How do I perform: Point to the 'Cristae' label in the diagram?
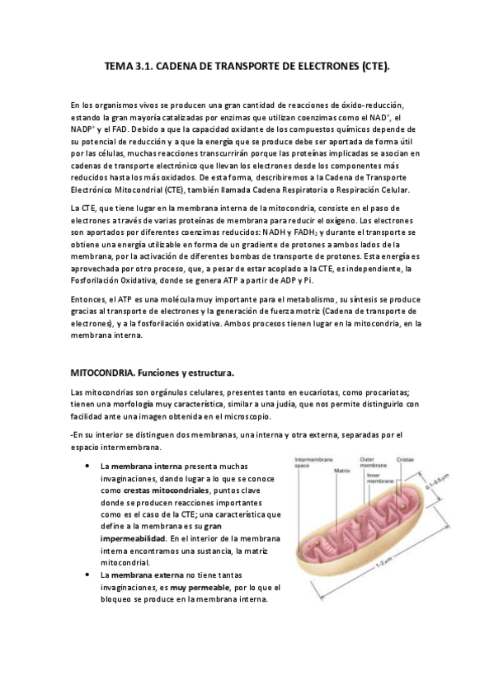click(x=405, y=458)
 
